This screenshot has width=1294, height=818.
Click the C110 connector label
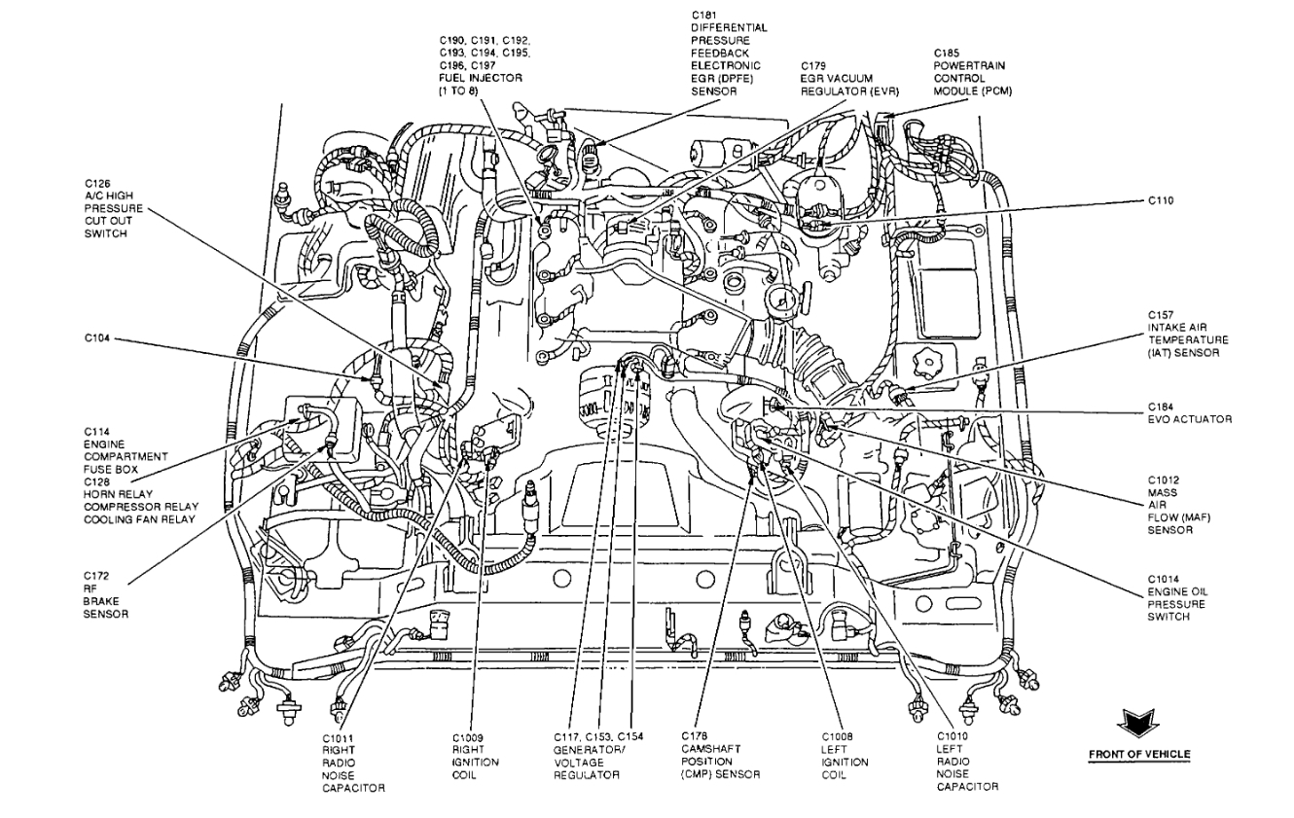pyautogui.click(x=1161, y=200)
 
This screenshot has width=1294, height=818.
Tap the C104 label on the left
pyautogui.click(x=98, y=338)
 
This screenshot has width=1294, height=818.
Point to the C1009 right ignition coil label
pyautogui.click(x=475, y=756)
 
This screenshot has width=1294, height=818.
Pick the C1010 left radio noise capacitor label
pyautogui.click(x=968, y=762)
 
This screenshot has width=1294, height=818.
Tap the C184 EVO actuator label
pyautogui.click(x=1188, y=412)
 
